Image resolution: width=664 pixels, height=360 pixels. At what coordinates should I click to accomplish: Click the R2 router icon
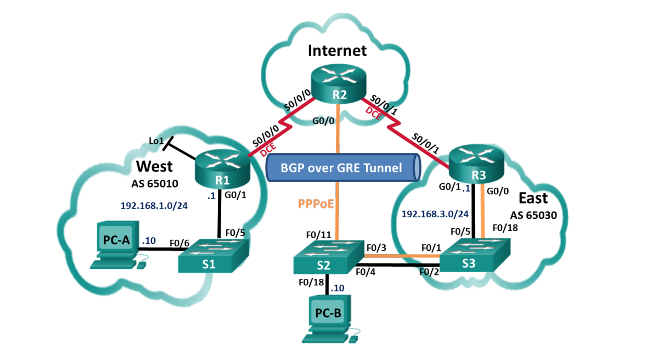coord(339,84)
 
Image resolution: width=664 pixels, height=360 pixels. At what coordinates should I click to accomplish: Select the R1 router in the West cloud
coord(223,169)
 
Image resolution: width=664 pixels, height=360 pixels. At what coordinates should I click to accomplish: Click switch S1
coord(213,256)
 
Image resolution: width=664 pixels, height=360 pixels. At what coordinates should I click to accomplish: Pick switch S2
coord(329,257)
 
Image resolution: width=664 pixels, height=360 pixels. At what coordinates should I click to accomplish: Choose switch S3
coord(475,255)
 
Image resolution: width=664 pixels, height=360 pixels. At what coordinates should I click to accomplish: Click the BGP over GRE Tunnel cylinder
coord(344,167)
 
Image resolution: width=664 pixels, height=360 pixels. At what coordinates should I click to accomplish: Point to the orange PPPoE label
coord(316,204)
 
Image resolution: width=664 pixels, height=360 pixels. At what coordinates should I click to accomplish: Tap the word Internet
coord(337,50)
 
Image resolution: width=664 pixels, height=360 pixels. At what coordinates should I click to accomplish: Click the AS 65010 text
coord(155,183)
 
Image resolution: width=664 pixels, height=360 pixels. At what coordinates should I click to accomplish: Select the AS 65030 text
coord(533,215)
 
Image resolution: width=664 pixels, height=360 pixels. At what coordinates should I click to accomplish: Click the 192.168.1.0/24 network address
coord(154,205)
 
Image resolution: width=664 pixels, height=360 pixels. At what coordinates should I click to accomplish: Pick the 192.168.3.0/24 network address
coord(435,214)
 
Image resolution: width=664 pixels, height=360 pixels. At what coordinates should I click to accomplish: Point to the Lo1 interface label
coord(156,141)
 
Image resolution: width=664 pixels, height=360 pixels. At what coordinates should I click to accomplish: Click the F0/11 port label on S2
coord(318,235)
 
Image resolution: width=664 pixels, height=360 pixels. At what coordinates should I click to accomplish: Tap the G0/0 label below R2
coord(323,121)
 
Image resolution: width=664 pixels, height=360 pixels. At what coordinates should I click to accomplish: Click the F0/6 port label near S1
coord(179,243)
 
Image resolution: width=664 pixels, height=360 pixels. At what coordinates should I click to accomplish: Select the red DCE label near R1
coord(268,150)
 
